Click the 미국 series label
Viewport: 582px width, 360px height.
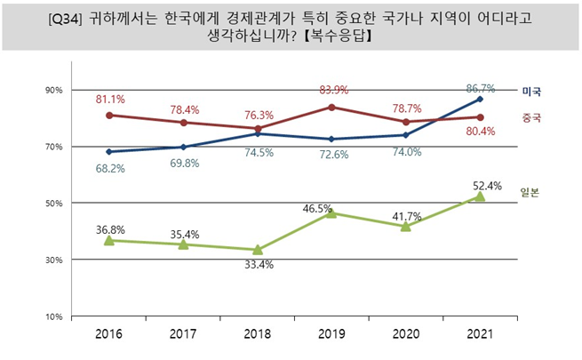(x=531, y=92)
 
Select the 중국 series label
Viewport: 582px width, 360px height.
(x=531, y=117)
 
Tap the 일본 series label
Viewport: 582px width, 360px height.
(x=530, y=192)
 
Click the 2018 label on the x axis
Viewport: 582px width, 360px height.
(x=257, y=333)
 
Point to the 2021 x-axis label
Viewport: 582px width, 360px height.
(x=480, y=333)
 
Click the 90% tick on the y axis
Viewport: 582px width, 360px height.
(x=54, y=90)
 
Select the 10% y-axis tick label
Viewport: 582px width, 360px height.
(x=54, y=316)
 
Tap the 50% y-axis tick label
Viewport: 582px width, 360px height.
(x=54, y=204)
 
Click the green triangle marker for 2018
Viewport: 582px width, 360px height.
(x=258, y=250)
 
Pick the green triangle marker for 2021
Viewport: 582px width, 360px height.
(x=480, y=196)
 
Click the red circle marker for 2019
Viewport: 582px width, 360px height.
(x=331, y=108)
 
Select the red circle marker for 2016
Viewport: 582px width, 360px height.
(x=109, y=116)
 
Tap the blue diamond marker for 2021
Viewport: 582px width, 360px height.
(x=480, y=99)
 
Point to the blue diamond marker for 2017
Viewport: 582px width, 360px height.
(x=183, y=147)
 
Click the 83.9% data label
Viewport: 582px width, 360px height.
(x=334, y=90)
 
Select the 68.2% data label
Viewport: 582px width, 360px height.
(x=110, y=169)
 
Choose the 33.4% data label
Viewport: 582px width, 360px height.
(x=259, y=265)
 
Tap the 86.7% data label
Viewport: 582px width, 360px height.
(x=481, y=88)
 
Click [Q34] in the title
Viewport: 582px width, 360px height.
(x=65, y=19)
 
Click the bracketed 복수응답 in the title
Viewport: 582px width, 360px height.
(x=338, y=36)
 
